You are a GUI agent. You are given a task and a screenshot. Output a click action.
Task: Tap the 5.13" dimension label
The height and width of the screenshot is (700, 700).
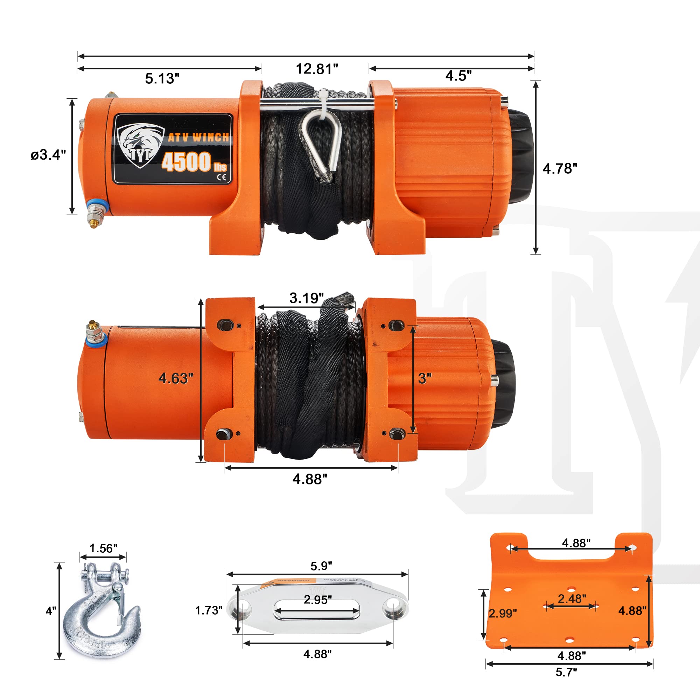tap(162, 79)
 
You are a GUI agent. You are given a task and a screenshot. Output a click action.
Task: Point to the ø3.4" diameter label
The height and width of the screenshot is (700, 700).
tap(48, 155)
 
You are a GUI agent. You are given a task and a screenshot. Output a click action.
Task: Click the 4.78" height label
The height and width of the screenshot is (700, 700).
tap(559, 168)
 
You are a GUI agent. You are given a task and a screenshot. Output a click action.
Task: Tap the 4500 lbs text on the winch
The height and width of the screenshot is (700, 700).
tap(194, 162)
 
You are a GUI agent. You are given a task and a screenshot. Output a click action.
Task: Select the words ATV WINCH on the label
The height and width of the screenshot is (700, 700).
tap(198, 137)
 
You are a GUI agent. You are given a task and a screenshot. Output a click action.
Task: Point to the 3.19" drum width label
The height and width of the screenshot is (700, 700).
tap(306, 298)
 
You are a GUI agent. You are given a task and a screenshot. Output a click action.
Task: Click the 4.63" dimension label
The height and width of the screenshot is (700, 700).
tap(176, 378)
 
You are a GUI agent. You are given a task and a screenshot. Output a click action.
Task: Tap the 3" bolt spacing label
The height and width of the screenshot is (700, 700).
tap(424, 378)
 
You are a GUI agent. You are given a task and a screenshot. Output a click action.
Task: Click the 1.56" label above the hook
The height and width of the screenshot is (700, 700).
tap(103, 548)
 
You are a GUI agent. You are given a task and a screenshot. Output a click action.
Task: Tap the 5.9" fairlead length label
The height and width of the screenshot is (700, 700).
tap(321, 566)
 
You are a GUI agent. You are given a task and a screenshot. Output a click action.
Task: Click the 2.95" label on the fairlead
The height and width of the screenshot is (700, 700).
tap(317, 600)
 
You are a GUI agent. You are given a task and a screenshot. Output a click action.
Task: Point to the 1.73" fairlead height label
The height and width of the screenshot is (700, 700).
tap(208, 610)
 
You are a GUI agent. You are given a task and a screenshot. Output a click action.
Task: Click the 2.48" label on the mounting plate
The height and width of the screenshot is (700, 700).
tap(572, 598)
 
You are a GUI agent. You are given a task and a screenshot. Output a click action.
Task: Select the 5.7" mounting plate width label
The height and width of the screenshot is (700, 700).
tap(566, 672)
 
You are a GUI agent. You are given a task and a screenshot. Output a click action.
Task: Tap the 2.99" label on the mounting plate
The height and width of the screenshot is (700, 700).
tap(502, 614)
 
